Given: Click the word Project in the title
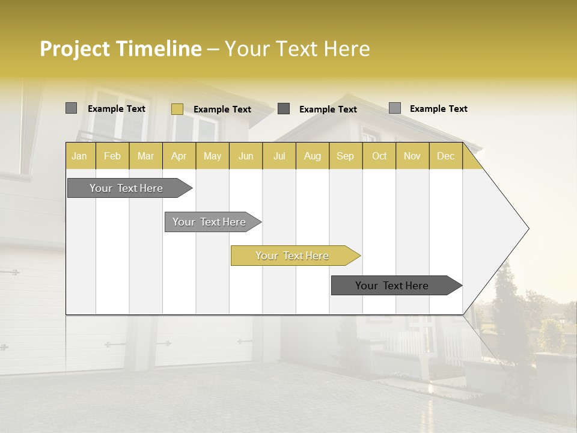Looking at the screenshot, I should (x=75, y=49).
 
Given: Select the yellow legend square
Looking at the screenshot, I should (x=177, y=109).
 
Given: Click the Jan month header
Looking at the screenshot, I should (x=80, y=156).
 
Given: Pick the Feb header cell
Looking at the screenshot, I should (x=112, y=156).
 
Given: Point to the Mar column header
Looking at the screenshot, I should (x=145, y=156).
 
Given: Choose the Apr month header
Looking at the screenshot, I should (x=179, y=156).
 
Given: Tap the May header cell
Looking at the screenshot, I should (x=212, y=156).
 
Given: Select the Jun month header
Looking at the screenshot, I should (x=246, y=156).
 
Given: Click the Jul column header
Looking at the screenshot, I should (x=279, y=156).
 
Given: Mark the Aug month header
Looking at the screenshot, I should (x=313, y=156).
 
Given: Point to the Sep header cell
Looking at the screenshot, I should (x=346, y=156).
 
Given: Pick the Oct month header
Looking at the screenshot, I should (x=379, y=156).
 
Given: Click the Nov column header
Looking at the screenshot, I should (x=412, y=156).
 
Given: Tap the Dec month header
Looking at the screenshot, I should (x=446, y=156).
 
